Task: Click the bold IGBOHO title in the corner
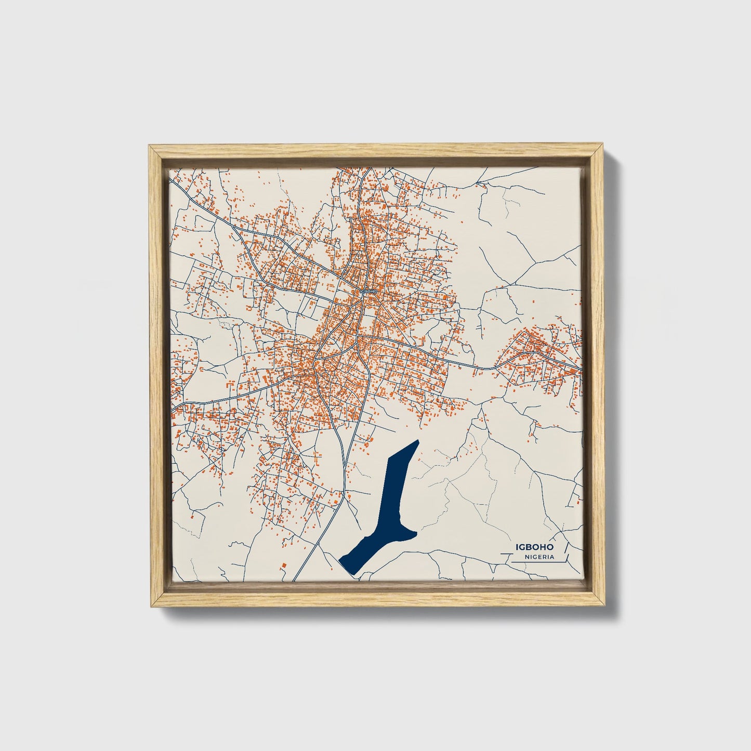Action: tap(534, 547)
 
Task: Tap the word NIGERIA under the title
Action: tap(539, 557)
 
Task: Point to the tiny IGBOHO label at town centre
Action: tap(367, 292)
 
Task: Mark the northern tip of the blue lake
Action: tap(417, 442)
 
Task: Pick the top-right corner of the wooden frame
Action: tap(603, 147)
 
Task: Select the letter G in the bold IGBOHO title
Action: tap(521, 547)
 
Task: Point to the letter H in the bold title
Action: tap(543, 547)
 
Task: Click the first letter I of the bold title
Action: tap(516, 547)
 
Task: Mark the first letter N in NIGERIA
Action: tap(527, 557)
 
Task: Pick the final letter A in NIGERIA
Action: tap(551, 557)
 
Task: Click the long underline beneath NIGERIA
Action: tap(538, 562)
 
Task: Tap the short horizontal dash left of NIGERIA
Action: tap(507, 555)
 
